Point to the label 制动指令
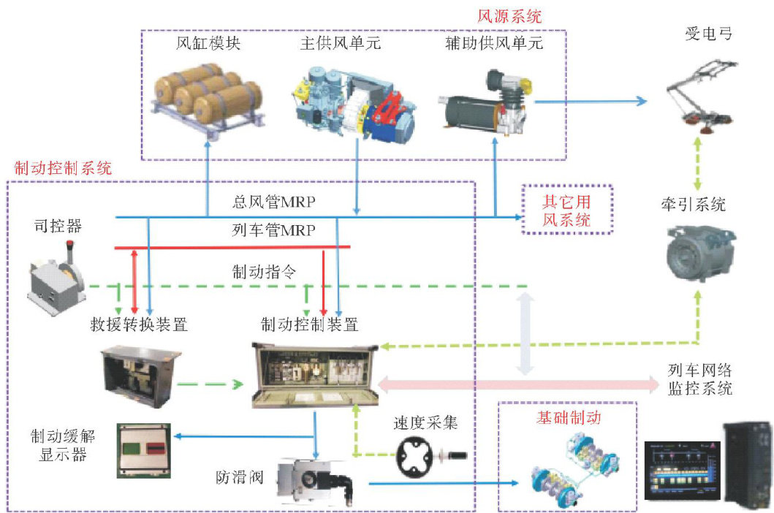coord(264,273)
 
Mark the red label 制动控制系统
coord(63,167)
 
